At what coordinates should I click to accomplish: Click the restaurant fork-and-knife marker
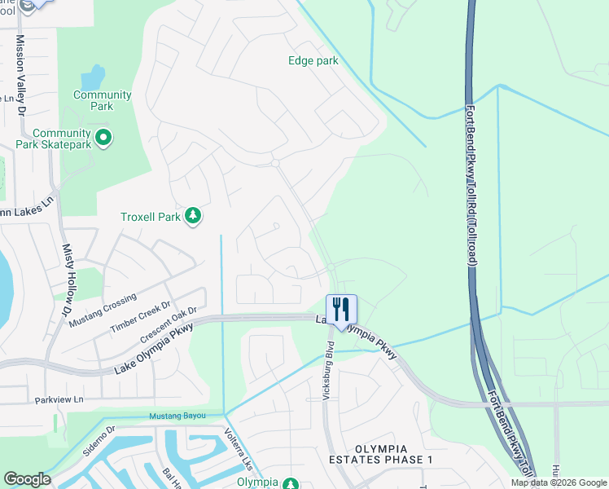341,308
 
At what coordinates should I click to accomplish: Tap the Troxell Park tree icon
193,216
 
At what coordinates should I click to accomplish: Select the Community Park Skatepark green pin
103,139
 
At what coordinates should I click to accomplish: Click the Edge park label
313,60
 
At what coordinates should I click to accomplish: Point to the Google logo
26,479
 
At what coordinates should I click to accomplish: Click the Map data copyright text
559,482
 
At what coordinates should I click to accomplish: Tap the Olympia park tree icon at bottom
291,483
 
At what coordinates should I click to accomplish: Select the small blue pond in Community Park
92,78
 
